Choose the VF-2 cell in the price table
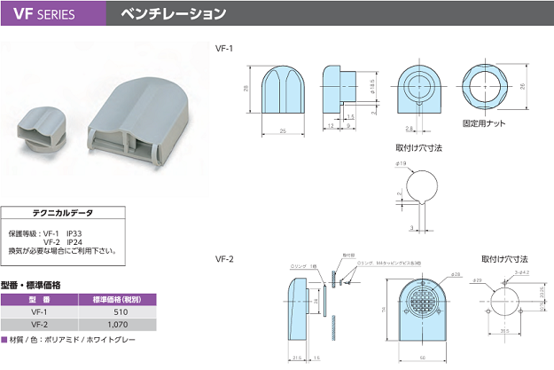(39, 324)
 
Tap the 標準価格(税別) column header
(116, 299)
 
